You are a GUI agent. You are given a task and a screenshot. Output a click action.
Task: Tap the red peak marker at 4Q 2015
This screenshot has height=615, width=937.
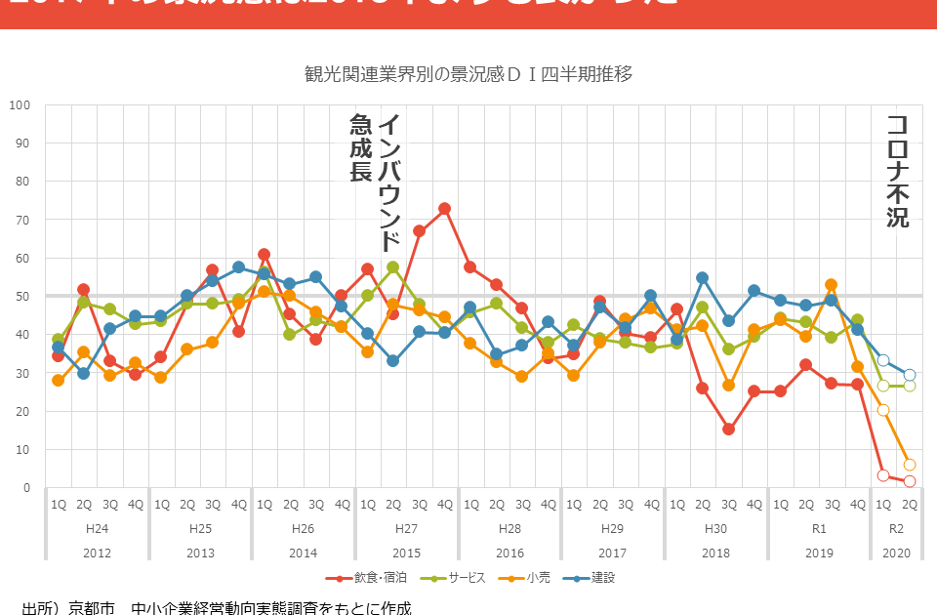pyautogui.click(x=445, y=208)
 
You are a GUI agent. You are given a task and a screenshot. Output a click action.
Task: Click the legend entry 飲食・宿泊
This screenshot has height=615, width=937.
pyautogui.click(x=368, y=578)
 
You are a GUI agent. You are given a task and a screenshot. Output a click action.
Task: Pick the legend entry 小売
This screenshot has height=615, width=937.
pyautogui.click(x=532, y=578)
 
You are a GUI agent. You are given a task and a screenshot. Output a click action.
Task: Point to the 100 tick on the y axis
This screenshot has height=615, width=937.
pyautogui.click(x=20, y=104)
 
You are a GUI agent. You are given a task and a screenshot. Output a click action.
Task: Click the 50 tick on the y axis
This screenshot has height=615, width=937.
pyautogui.click(x=22, y=296)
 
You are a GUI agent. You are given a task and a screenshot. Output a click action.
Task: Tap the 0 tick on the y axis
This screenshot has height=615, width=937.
pyautogui.click(x=25, y=487)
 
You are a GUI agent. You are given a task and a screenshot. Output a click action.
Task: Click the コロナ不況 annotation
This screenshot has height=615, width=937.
pyautogui.click(x=897, y=172)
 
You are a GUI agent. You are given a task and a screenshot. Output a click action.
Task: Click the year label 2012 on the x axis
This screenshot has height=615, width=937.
pyautogui.click(x=97, y=553)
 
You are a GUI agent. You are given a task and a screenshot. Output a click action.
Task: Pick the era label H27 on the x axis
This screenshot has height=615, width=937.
pyautogui.click(x=406, y=528)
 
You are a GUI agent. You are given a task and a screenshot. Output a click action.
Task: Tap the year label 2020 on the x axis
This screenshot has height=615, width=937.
pyautogui.click(x=896, y=553)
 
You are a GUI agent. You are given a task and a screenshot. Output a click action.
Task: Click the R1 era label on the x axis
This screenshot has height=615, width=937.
pyautogui.click(x=819, y=528)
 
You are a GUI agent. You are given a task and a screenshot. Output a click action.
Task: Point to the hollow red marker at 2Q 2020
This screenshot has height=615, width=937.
pyautogui.click(x=910, y=481)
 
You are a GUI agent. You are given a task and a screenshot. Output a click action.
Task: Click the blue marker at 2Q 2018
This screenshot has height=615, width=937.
pyautogui.click(x=703, y=278)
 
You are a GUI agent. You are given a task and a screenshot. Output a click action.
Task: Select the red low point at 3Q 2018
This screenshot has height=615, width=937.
pyautogui.click(x=728, y=429)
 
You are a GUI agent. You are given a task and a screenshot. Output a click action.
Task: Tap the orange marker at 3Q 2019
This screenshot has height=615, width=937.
pyautogui.click(x=831, y=285)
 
